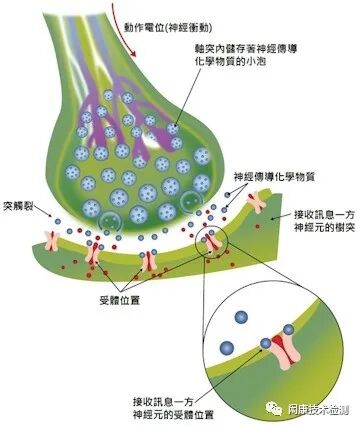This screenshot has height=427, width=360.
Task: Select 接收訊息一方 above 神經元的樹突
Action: pos(320,214)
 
